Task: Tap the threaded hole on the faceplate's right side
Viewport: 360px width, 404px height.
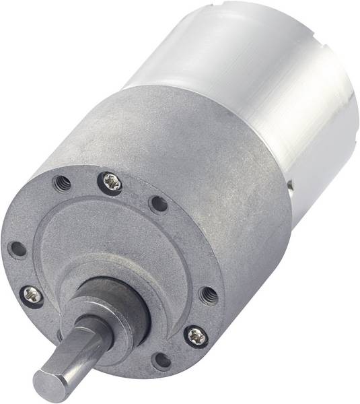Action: coord(209,294)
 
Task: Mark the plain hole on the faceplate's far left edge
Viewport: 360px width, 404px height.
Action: coord(16,248)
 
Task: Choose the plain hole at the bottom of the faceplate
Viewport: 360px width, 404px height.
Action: coord(161,360)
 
